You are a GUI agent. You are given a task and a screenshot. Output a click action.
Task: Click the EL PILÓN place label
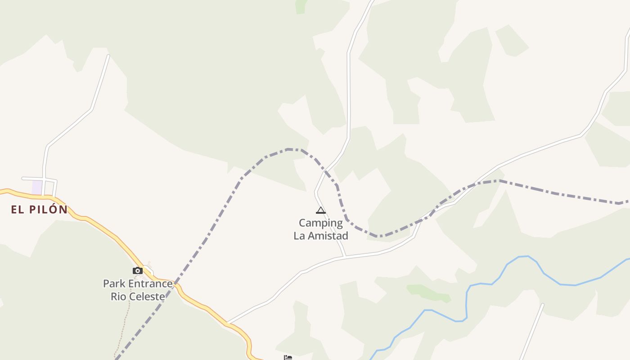(39, 209)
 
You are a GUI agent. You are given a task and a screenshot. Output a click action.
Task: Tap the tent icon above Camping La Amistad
(320, 210)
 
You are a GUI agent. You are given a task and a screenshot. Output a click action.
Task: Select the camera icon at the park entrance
(138, 270)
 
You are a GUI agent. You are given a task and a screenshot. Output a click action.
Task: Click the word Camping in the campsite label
(321, 223)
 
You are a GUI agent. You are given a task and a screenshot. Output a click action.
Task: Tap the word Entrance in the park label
(151, 283)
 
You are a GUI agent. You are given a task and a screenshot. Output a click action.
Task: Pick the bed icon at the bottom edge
(288, 357)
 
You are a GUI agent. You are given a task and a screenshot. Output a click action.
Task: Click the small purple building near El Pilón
(37, 187)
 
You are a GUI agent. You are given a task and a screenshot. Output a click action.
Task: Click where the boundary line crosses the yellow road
(176, 283)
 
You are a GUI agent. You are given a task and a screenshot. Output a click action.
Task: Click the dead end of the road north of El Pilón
(108, 56)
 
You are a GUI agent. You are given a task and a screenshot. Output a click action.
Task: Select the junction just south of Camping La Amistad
(345, 256)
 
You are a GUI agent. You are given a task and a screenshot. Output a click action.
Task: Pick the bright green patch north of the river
(427, 292)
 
